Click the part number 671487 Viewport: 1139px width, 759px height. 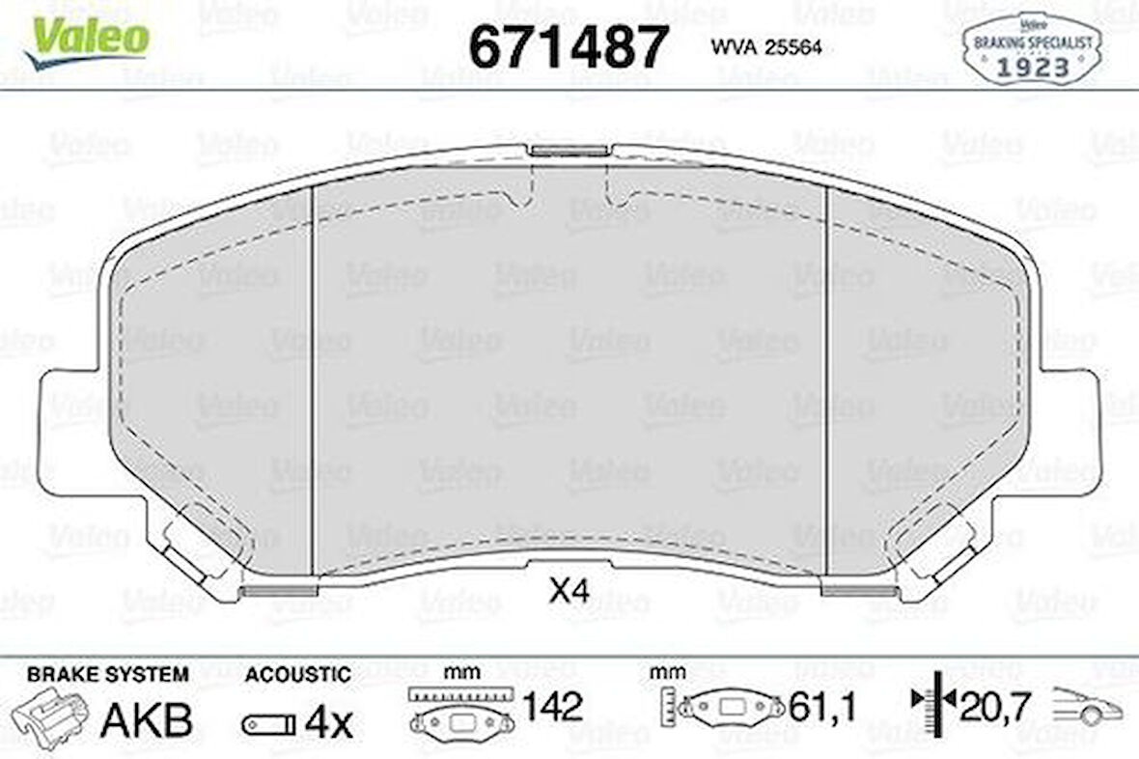569,45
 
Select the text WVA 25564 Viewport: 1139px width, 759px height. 766,47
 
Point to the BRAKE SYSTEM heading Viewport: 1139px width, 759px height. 107,674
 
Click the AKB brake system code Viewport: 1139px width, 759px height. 148,720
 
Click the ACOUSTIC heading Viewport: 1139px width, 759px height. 297,674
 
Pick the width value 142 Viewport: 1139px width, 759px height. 551,708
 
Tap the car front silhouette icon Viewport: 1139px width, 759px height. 1087,708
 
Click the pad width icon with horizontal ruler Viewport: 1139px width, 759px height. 458,712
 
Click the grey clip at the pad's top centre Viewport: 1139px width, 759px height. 569,150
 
